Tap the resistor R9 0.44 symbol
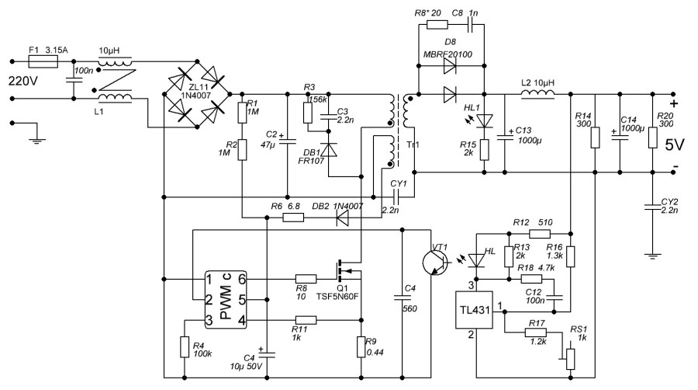tap(362, 346)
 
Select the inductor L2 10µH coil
tap(537, 96)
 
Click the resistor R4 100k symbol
tap(185, 346)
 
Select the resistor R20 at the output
tap(653, 138)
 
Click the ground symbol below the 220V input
tap(33, 139)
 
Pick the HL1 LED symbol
tap(485, 121)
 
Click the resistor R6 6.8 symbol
tap(293, 218)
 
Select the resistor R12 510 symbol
tap(539, 233)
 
